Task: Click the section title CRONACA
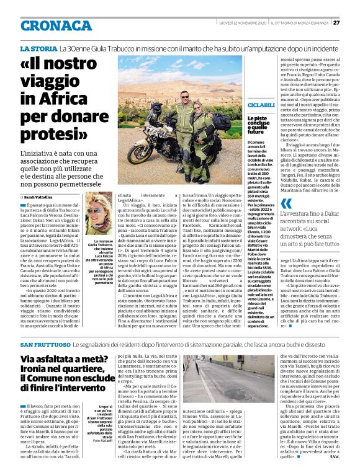coord(56,25)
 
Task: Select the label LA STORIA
coord(38,48)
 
